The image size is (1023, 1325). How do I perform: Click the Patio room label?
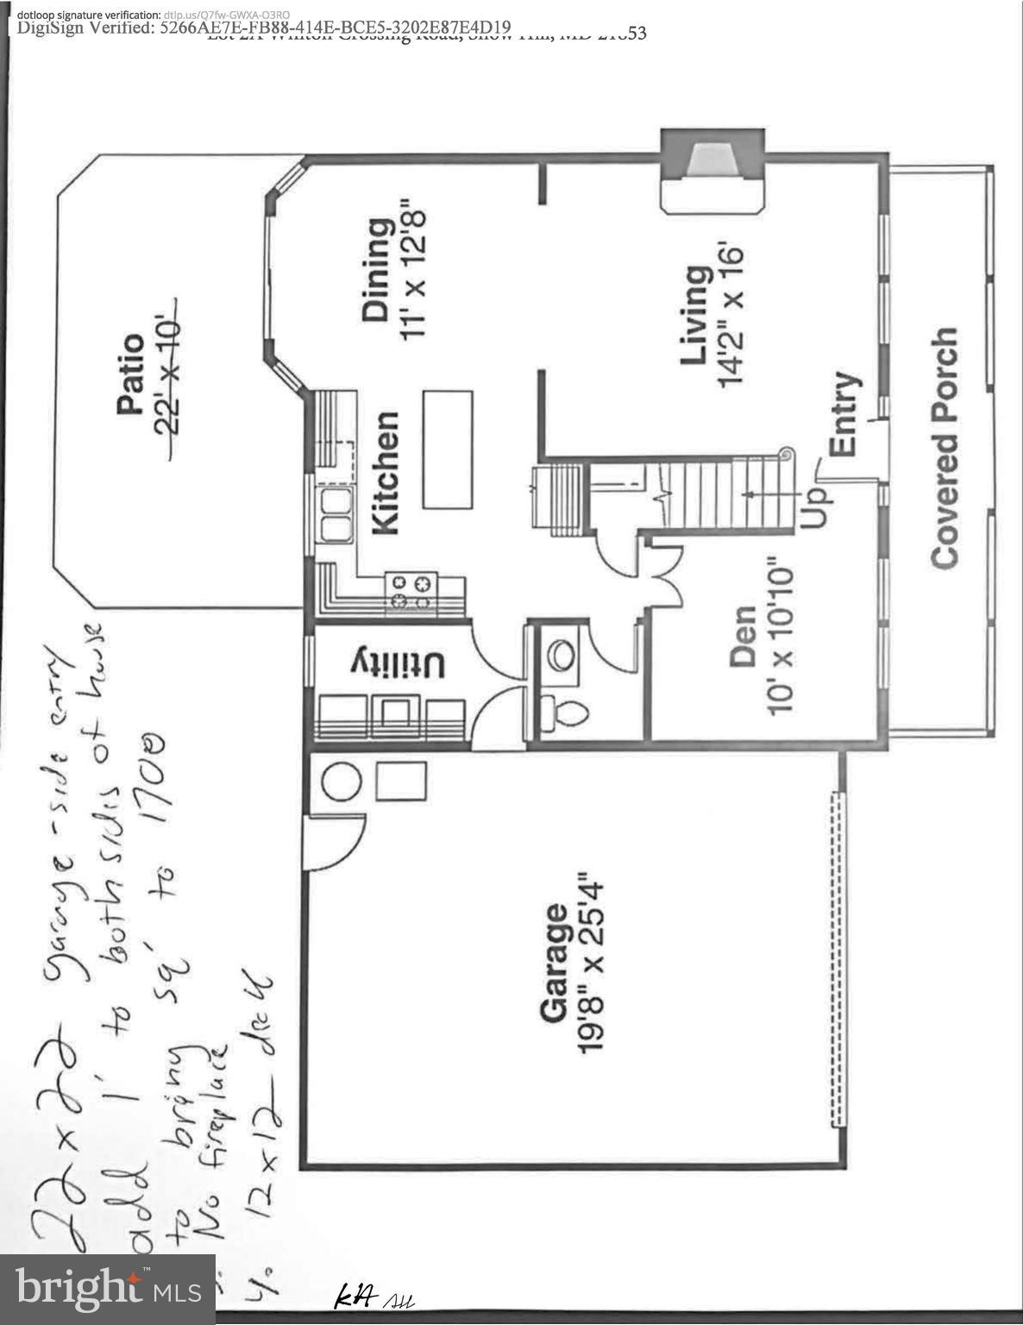pos(130,375)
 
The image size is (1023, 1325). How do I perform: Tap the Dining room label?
pos(377,270)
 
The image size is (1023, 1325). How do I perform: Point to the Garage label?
pos(554,964)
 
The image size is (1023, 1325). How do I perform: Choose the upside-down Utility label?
pos(398,664)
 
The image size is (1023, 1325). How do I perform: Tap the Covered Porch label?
pos(945,448)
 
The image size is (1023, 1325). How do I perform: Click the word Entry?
pos(842,414)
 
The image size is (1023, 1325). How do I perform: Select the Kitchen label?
pos(385,473)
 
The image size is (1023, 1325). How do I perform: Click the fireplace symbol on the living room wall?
pos(712,170)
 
